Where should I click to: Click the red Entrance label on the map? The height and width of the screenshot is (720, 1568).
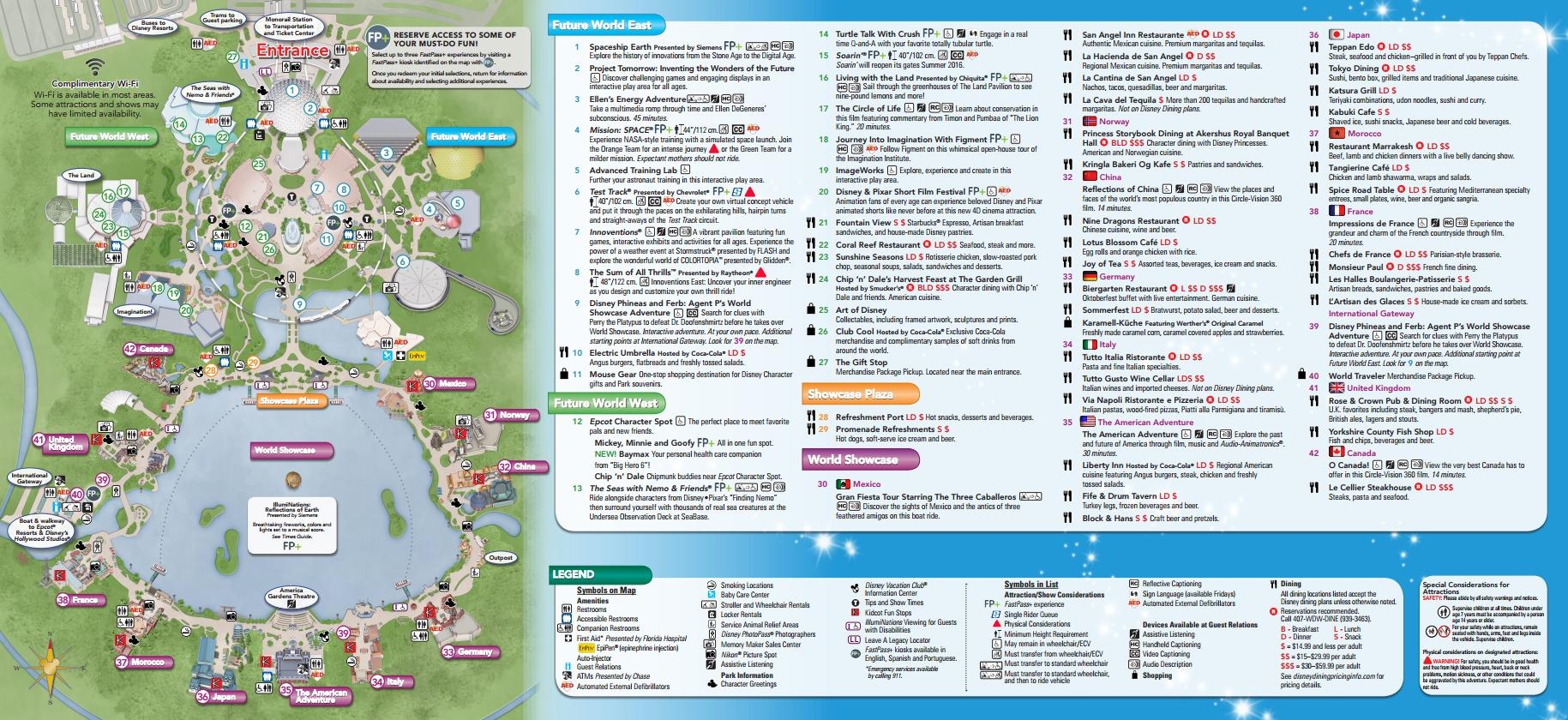(x=293, y=51)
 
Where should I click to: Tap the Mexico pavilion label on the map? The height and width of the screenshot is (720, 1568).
(x=452, y=384)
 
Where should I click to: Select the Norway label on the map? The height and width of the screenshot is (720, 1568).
(x=514, y=415)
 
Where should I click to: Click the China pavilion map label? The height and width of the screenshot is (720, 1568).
(x=524, y=467)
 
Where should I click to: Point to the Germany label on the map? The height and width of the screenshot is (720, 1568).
(x=474, y=652)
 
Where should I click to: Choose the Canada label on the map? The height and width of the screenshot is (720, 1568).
(x=153, y=349)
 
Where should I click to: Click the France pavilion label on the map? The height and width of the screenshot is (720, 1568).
(x=84, y=600)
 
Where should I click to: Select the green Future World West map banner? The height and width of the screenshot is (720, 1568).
(x=109, y=136)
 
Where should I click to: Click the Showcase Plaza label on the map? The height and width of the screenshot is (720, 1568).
(x=289, y=400)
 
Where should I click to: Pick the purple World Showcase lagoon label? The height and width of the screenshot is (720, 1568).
(x=284, y=450)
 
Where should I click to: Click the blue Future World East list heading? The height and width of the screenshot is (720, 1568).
(x=603, y=26)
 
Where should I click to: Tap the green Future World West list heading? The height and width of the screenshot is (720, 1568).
(x=605, y=403)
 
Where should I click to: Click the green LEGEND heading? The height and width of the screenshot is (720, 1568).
(x=574, y=573)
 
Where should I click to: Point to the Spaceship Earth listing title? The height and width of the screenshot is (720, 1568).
(x=620, y=47)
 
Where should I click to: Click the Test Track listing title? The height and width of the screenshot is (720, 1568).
(x=610, y=192)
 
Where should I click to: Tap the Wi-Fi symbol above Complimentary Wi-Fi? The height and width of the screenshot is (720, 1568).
(x=95, y=67)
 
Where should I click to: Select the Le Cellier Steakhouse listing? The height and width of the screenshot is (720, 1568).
(x=1369, y=487)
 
